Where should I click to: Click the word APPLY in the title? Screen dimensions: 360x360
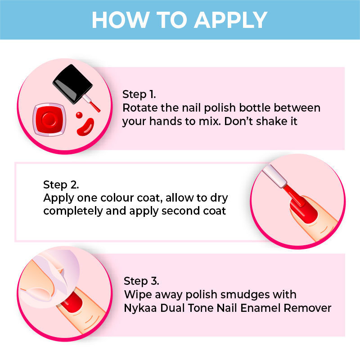click(230, 20)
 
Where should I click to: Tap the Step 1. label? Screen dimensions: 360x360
click(139, 94)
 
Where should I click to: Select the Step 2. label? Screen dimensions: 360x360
click(61, 185)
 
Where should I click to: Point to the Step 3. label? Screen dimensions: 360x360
click(141, 281)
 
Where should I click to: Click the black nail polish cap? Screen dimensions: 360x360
click(73, 84)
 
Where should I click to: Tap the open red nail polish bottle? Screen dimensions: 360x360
click(49, 120)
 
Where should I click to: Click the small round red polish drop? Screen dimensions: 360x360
click(79, 115)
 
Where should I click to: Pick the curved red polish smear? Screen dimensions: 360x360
click(85, 127)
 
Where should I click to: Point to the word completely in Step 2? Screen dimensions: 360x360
click(73, 211)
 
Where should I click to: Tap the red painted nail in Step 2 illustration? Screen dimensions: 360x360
click(304, 210)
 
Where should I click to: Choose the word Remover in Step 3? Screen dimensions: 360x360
click(307, 308)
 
